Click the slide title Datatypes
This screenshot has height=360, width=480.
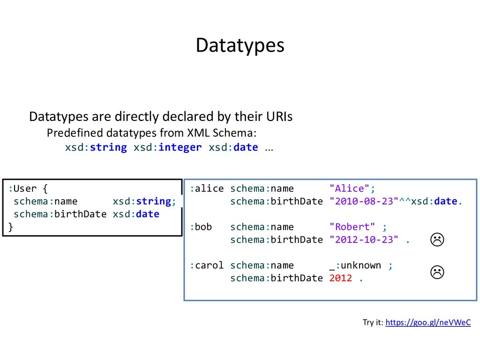click(240, 45)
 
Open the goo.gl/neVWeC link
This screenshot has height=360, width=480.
click(427, 322)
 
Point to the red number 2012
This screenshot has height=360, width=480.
click(340, 278)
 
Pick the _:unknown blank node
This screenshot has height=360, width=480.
click(355, 266)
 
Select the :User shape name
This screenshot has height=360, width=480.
click(22, 189)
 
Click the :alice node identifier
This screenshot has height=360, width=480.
click(207, 189)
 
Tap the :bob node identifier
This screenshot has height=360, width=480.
click(201, 227)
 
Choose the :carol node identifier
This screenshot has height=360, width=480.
click(207, 266)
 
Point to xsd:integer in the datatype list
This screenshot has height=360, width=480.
click(168, 148)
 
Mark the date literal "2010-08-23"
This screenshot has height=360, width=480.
click(363, 202)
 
